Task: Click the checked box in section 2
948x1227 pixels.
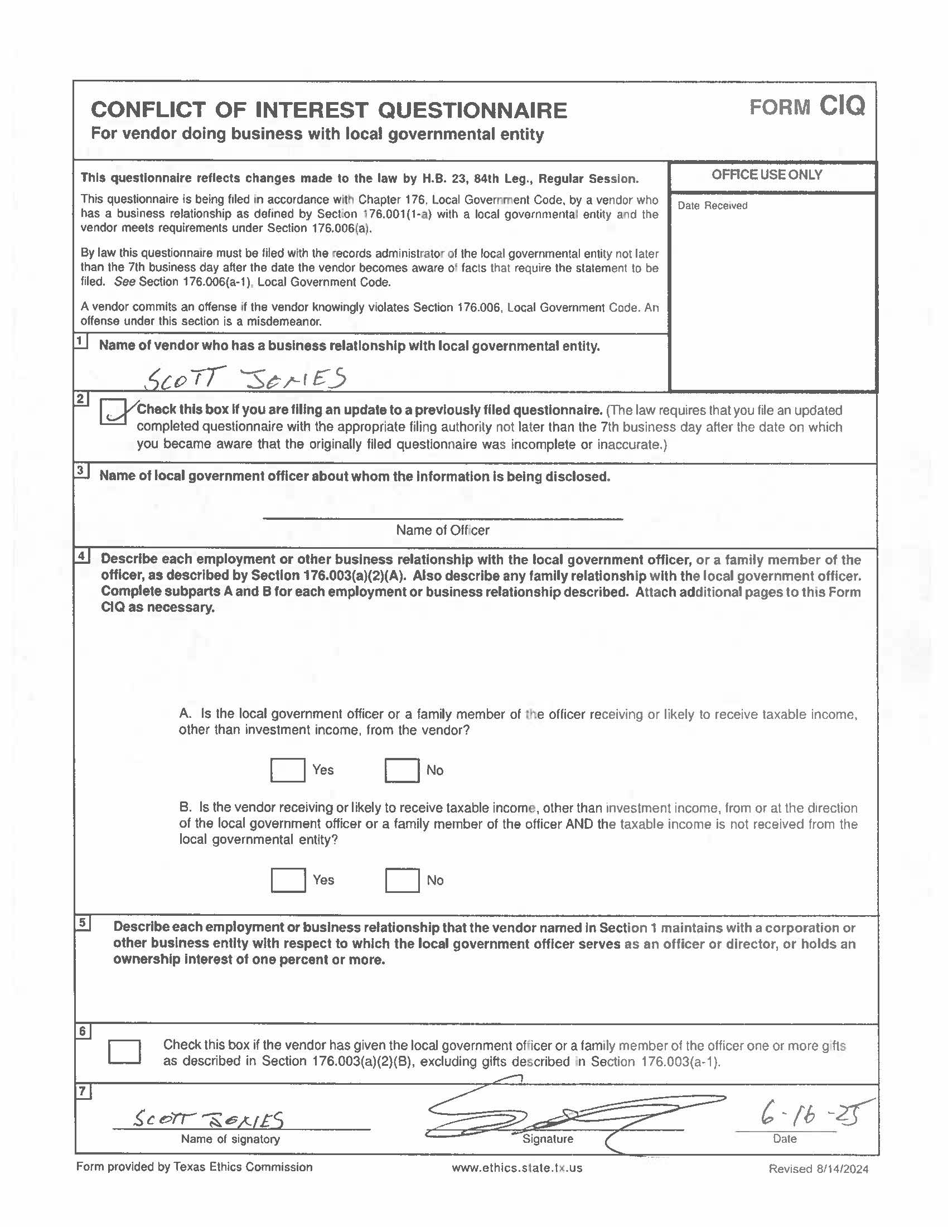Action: (113, 412)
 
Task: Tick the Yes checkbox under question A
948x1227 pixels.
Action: (288, 770)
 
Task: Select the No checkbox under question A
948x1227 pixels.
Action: (402, 770)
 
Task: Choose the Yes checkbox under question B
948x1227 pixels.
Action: (288, 880)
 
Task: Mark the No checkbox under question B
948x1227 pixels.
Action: (402, 880)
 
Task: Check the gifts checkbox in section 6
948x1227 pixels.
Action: (124, 1052)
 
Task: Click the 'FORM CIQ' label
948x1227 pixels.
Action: (807, 106)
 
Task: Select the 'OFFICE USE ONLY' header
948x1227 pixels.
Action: (767, 175)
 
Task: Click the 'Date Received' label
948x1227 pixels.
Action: (712, 206)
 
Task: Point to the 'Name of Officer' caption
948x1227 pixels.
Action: (443, 530)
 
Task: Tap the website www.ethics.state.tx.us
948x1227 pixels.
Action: (517, 1168)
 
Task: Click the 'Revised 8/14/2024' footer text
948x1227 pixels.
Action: (818, 1169)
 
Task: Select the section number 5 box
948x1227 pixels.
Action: (82, 923)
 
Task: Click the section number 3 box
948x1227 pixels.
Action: (81, 470)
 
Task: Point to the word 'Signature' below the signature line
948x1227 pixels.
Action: (548, 1139)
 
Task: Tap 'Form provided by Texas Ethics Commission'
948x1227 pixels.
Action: (194, 1167)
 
